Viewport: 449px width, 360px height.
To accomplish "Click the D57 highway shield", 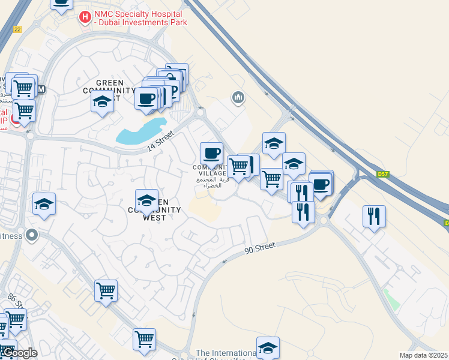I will pyautogui.click(x=383, y=174).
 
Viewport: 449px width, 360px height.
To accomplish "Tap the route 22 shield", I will pyautogui.click(x=17, y=29).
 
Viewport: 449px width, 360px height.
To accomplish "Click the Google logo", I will pyautogui.click(x=19, y=353).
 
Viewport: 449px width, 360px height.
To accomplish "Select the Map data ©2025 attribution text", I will pyautogui.click(x=424, y=355).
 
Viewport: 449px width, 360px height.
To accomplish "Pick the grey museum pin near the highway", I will pyautogui.click(x=238, y=97).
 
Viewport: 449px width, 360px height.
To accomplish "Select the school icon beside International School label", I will pyautogui.click(x=268, y=347).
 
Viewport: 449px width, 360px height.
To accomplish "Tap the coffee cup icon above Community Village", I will pyautogui.click(x=211, y=154).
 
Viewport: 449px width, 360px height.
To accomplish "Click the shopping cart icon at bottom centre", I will pyautogui.click(x=144, y=340).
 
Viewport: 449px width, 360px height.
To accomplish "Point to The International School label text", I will pyautogui.click(x=226, y=353).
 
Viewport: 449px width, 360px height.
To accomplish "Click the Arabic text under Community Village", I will pyautogui.click(x=212, y=182).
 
